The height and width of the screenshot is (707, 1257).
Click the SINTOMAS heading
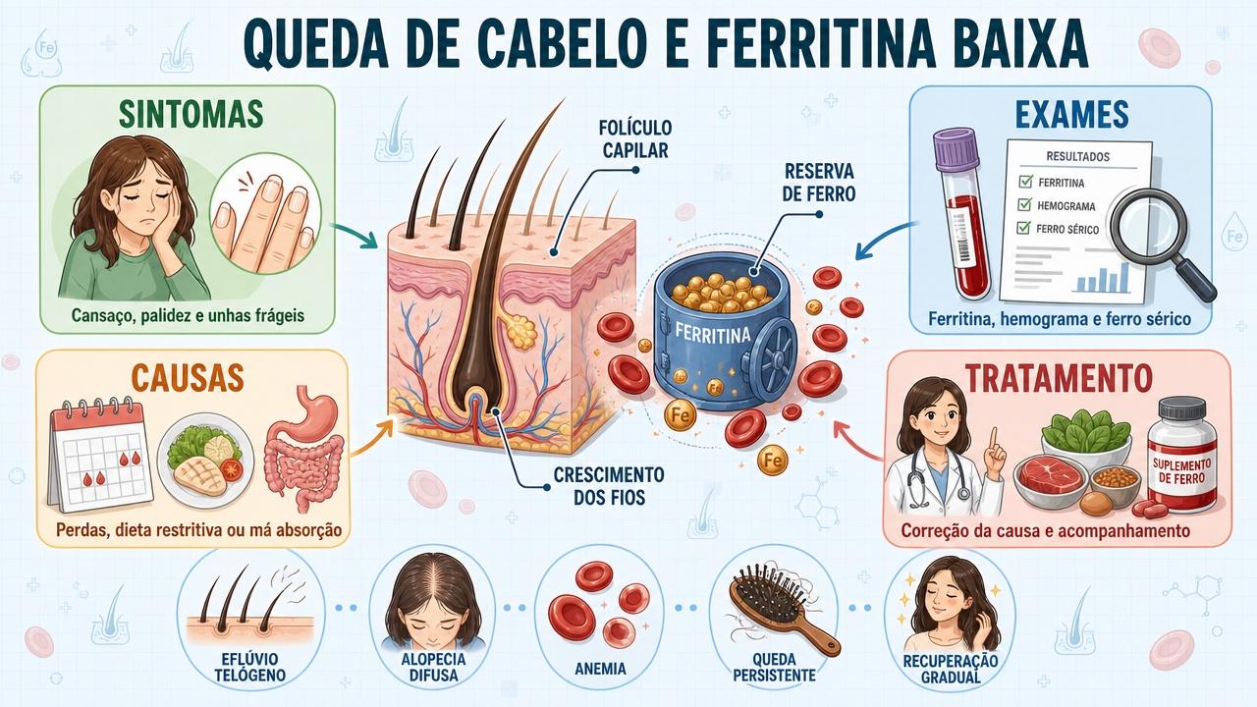tap(191, 114)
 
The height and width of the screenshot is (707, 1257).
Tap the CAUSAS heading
tap(188, 377)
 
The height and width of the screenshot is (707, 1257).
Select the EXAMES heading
tap(1071, 114)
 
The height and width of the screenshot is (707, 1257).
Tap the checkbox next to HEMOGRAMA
tap(1024, 204)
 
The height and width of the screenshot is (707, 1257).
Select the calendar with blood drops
tap(100, 454)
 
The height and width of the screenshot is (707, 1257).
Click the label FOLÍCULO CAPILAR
tap(635, 138)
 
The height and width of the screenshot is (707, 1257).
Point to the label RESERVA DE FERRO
tap(819, 182)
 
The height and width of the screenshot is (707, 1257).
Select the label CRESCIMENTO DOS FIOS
tap(609, 485)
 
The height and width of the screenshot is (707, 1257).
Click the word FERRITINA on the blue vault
tap(713, 332)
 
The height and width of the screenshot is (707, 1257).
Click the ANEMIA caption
tap(600, 669)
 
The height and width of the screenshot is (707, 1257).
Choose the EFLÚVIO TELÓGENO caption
tap(249, 667)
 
